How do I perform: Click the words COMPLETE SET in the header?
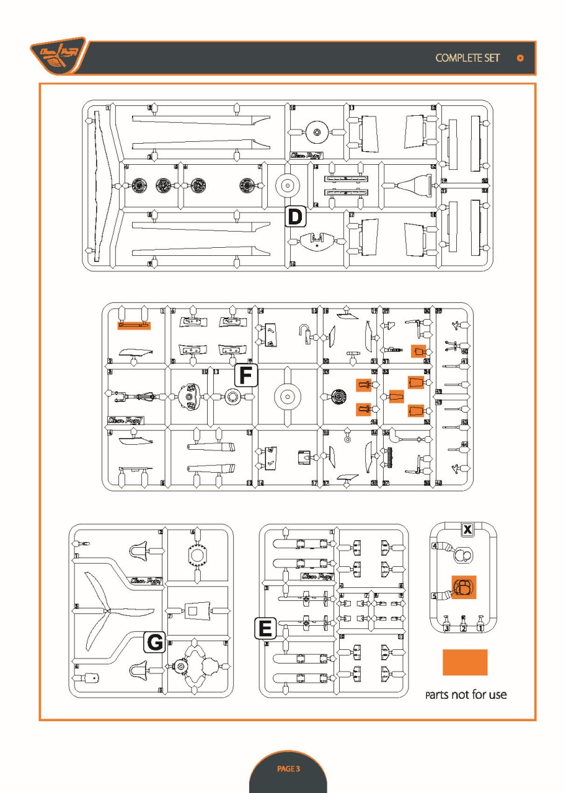tap(467, 58)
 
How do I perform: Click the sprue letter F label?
tap(246, 374)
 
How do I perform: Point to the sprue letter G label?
tap(154, 643)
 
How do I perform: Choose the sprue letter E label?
tap(265, 628)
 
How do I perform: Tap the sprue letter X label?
tap(468, 529)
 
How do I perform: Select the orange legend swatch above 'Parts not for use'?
tap(464, 662)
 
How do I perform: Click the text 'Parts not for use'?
tap(466, 694)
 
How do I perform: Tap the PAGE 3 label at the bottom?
tap(288, 769)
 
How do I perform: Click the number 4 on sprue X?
tap(435, 546)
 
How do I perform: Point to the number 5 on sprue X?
tap(435, 596)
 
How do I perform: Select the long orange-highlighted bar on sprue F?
tap(134, 324)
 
